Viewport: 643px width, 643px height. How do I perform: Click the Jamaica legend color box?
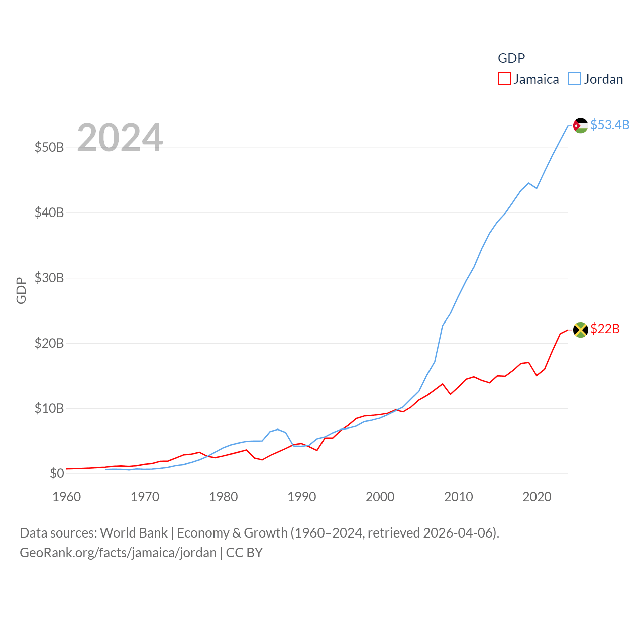[504, 79]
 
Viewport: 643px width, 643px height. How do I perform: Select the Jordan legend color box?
[575, 79]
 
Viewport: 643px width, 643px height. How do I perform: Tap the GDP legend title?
[511, 58]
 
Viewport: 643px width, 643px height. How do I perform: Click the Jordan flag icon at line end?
[580, 125]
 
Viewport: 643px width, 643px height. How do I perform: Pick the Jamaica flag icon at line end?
[580, 330]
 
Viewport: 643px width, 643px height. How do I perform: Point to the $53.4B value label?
[610, 125]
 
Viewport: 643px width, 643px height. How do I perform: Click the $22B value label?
[605, 329]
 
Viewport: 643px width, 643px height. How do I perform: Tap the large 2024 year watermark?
[120, 137]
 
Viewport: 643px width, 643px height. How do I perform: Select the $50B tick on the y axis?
[49, 147]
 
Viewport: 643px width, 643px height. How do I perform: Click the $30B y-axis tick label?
[49, 278]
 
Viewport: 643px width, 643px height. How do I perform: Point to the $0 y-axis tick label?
[57, 473]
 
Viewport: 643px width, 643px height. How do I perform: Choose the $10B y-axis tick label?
[49, 408]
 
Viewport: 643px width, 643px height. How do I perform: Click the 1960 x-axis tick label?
[66, 497]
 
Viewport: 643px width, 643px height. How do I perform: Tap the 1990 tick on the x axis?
[301, 497]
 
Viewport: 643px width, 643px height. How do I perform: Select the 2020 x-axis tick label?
[537, 497]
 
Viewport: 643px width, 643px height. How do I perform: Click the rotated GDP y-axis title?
[21, 290]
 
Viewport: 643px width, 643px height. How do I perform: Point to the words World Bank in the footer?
[134, 532]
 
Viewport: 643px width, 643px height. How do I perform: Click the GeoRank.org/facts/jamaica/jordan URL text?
[118, 553]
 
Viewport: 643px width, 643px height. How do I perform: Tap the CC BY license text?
[244, 553]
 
